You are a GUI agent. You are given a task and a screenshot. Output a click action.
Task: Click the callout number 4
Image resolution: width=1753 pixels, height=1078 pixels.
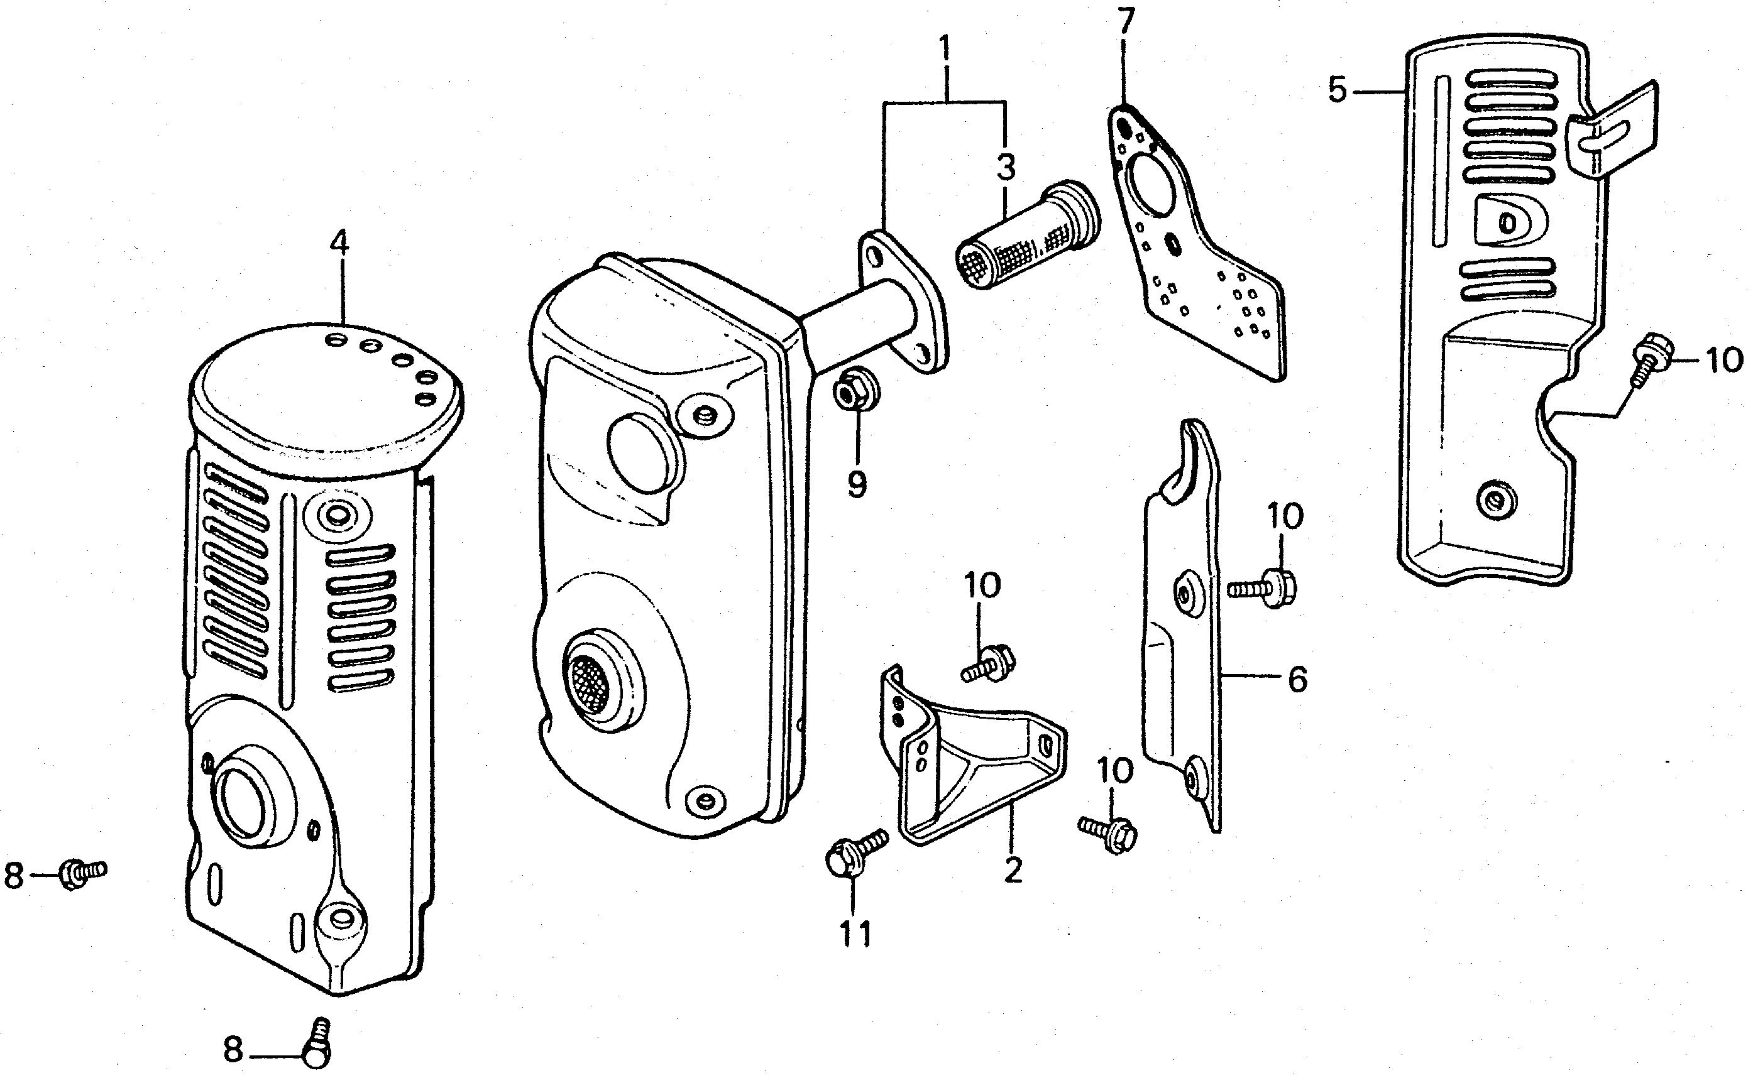[x=339, y=244]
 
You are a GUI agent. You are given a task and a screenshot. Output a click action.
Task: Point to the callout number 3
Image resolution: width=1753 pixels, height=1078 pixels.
[x=1006, y=168]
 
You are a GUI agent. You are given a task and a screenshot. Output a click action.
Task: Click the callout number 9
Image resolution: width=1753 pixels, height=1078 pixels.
[x=857, y=485]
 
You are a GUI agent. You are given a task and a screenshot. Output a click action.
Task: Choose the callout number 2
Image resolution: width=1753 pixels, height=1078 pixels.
[x=1013, y=870]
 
